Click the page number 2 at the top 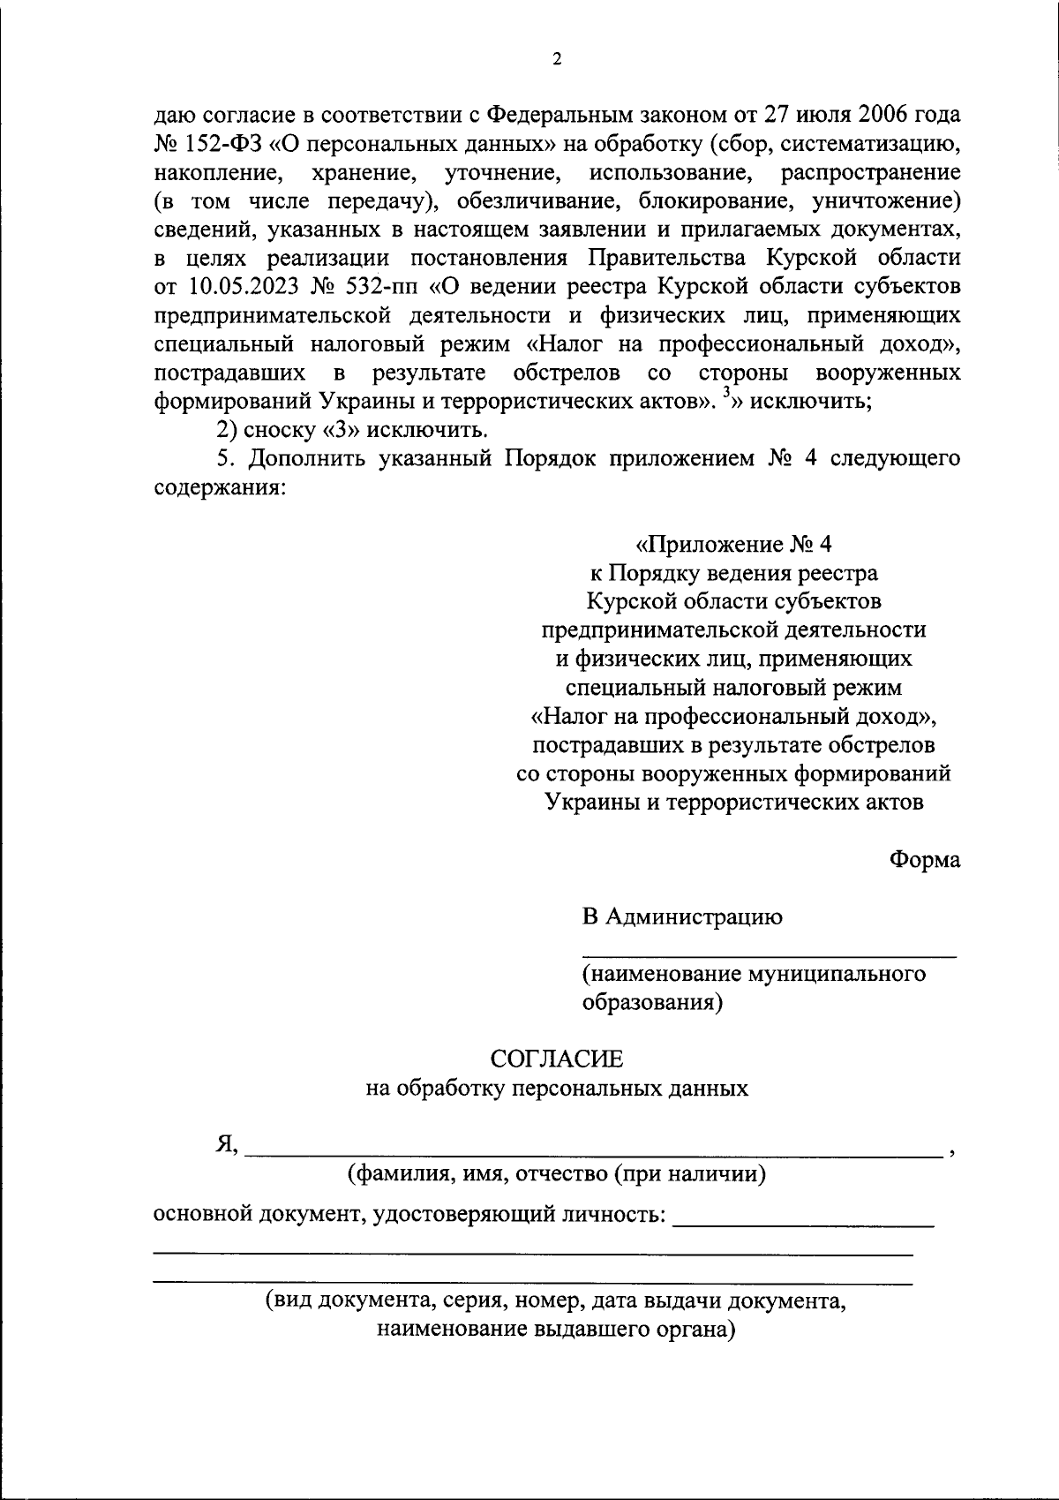(556, 59)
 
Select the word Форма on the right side (925, 860)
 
